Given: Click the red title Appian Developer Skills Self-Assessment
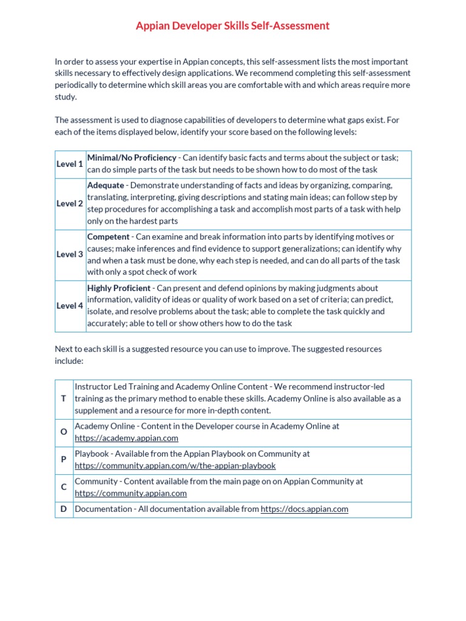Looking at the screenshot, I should pos(232,25).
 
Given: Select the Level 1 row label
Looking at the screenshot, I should pos(70,164).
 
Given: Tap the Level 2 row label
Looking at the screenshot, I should pos(70,204).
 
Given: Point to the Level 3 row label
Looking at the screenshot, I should pos(70,255).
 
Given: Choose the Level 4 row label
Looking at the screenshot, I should pos(70,306).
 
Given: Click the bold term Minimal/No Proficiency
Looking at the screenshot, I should pos(132,158).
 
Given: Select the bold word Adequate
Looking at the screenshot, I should pos(106,186).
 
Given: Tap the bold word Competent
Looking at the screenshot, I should pos(109,237).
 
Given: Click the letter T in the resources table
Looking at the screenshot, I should pos(64,398).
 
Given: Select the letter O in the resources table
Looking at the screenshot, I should pos(64,432).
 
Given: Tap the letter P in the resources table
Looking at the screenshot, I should pos(64,459).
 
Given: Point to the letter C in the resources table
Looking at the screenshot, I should pos(64,487).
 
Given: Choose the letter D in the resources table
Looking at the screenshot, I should pos(64,509).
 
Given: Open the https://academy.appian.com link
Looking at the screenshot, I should pos(126,438).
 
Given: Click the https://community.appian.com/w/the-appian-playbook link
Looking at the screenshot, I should pos(175,466).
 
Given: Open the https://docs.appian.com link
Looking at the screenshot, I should pos(304,509).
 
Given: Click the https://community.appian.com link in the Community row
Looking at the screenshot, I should pos(130,493).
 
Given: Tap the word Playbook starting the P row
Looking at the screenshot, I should pos(92,454).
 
